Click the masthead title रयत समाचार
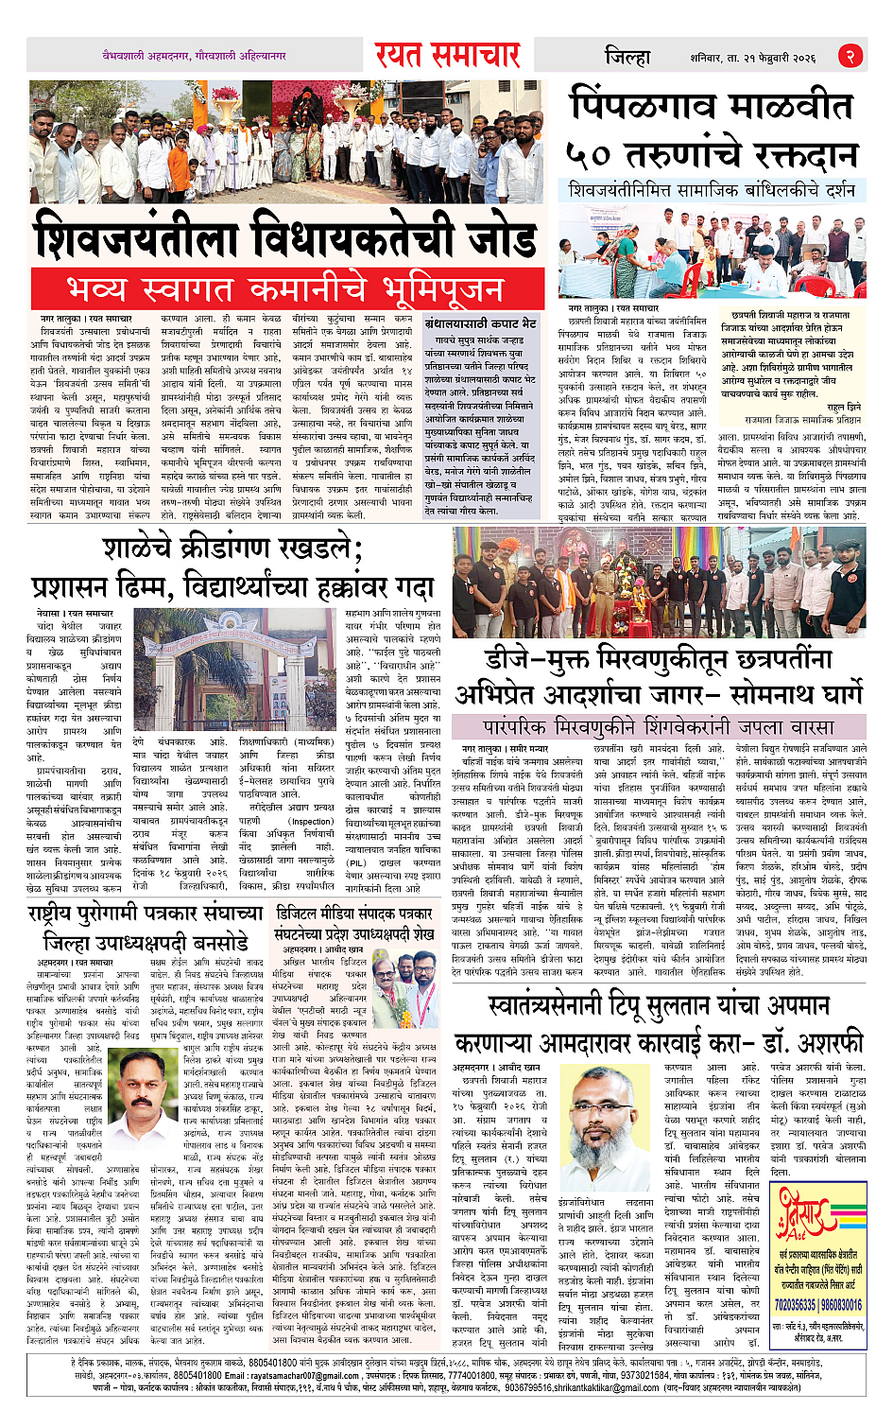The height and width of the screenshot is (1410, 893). click(x=447, y=55)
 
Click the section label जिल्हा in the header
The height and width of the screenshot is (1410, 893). click(x=627, y=56)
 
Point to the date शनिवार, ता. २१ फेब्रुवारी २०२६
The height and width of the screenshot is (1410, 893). click(x=752, y=58)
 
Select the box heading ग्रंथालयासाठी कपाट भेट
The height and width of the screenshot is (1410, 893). click(x=481, y=322)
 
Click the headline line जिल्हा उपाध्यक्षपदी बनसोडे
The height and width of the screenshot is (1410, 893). click(x=146, y=942)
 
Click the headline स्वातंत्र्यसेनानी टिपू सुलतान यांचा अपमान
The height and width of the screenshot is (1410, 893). click(x=659, y=1004)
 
